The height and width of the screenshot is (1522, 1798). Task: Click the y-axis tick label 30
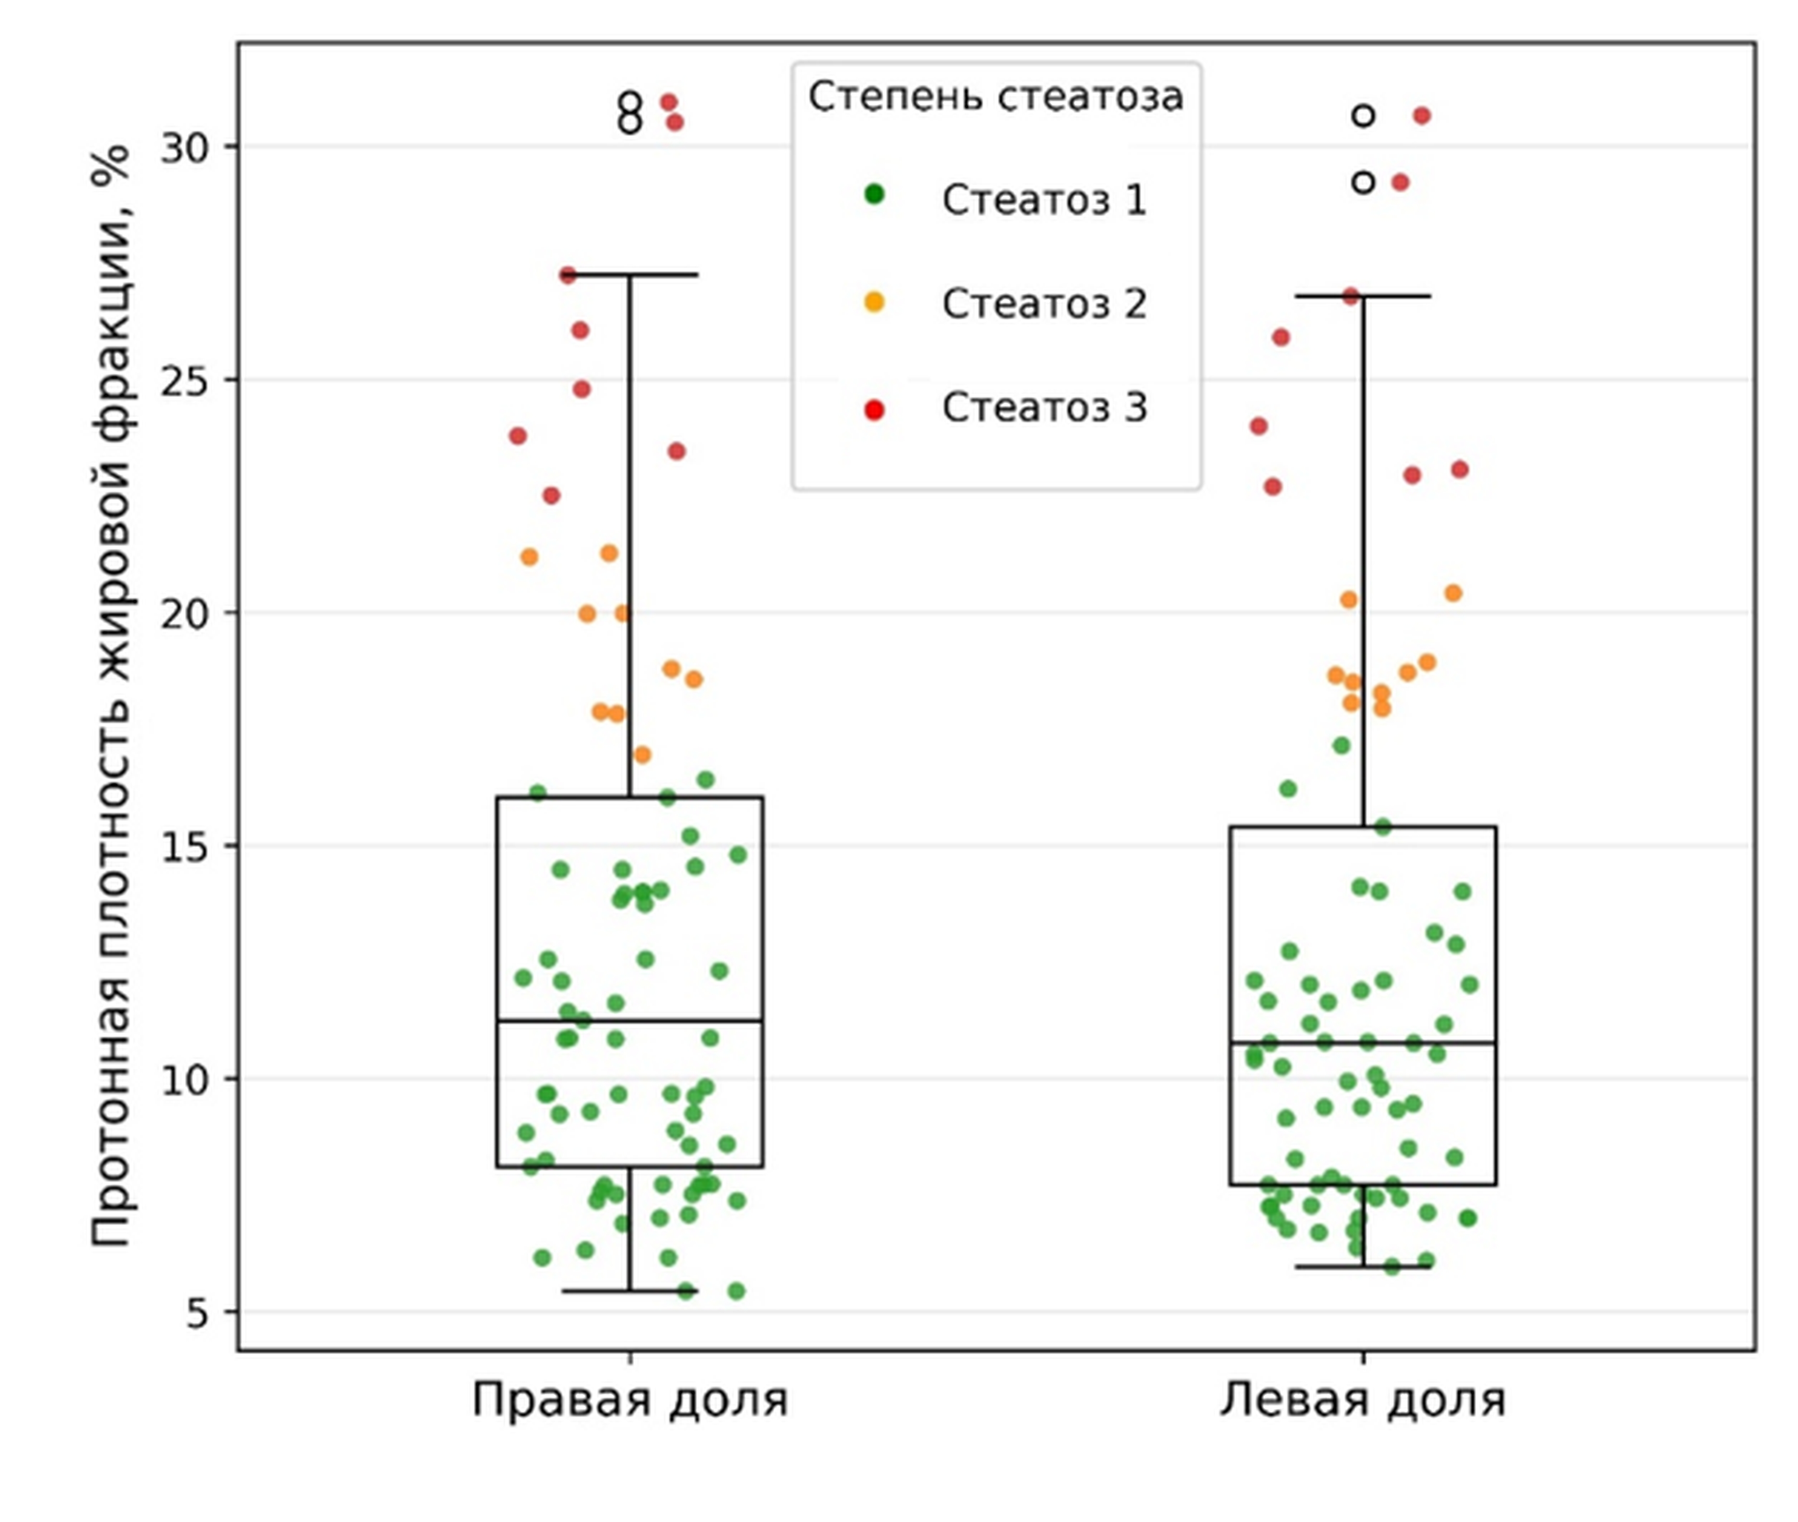(186, 148)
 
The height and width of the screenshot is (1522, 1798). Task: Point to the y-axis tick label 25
(186, 381)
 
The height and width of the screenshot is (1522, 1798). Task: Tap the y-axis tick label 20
(186, 614)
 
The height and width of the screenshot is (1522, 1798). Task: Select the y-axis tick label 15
(186, 847)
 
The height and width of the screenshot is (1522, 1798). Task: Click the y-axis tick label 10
(186, 1080)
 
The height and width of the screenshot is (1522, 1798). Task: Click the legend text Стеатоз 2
(1044, 304)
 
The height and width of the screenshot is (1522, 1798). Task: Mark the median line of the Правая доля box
(630, 1021)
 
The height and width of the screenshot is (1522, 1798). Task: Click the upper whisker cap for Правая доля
(630, 274)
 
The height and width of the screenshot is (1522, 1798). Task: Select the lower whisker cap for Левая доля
(1363, 1266)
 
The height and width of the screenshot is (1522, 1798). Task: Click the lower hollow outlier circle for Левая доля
(1363, 182)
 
